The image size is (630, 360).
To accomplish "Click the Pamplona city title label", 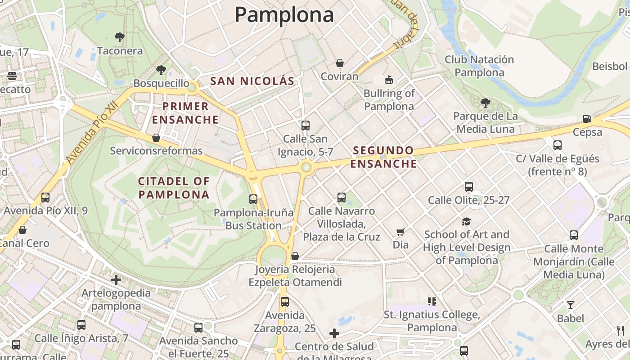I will (x=284, y=14).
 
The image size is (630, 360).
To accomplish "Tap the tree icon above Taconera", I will (x=119, y=37).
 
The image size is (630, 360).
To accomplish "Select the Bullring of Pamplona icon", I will (x=389, y=80).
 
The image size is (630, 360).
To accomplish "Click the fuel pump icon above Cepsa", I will (x=587, y=119).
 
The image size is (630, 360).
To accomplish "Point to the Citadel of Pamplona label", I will (x=174, y=188).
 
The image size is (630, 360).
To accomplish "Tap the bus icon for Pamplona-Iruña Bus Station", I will (x=253, y=199).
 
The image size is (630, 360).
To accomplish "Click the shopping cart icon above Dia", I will (x=400, y=232).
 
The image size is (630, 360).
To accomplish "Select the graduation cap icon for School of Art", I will (x=466, y=221).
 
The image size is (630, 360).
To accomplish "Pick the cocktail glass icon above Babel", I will (x=570, y=305).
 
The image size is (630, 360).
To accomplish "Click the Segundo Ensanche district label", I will (x=383, y=157).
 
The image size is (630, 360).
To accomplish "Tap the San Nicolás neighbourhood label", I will (x=252, y=81).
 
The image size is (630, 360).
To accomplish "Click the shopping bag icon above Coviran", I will (x=339, y=63).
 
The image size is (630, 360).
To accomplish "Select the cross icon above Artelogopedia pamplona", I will (x=116, y=280).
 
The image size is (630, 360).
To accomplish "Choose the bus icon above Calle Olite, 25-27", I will (x=469, y=187).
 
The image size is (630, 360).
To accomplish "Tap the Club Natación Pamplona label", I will (x=479, y=66).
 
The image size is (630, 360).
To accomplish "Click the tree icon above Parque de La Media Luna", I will (x=485, y=103).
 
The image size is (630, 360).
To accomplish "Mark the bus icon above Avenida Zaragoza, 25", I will (x=284, y=302).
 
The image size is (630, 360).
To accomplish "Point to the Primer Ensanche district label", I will (x=185, y=113).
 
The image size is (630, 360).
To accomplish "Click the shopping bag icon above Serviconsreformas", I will (x=156, y=137).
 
